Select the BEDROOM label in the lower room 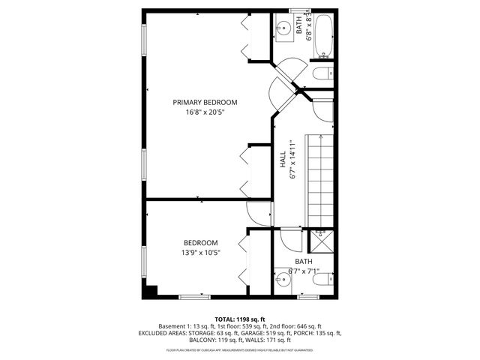pos(201,242)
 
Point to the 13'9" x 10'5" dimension pos(201,253)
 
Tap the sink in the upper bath pos(283,31)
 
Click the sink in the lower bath pos(282,283)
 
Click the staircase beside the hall pos(320,175)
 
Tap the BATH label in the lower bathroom pos(303,262)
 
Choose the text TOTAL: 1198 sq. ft pos(240,319)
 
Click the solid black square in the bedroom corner pos(151,291)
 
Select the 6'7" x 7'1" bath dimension pos(303,271)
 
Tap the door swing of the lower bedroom pos(257,215)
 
